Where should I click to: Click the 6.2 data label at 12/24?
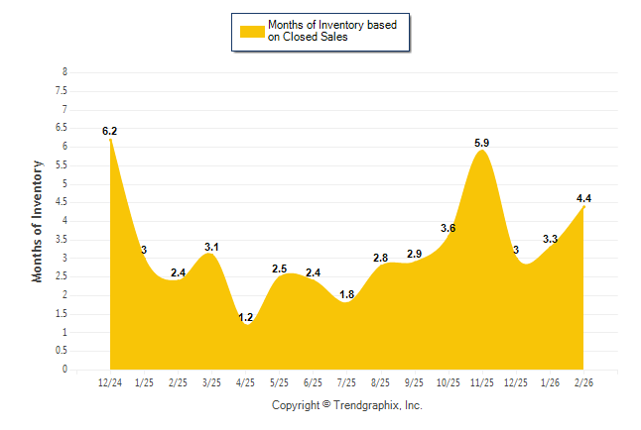pyautogui.click(x=109, y=131)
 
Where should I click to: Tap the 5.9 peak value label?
pyautogui.click(x=482, y=144)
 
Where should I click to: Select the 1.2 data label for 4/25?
pyautogui.click(x=246, y=317)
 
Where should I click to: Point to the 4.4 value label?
pyautogui.click(x=583, y=199)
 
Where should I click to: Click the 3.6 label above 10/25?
pyautogui.click(x=448, y=229)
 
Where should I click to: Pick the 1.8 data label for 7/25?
pyautogui.click(x=347, y=294)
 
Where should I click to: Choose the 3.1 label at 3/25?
pyautogui.click(x=211, y=247)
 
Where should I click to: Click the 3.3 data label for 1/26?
pyautogui.click(x=551, y=239)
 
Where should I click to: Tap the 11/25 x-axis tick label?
pyautogui.click(x=482, y=382)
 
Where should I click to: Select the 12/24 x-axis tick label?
pyautogui.click(x=110, y=382)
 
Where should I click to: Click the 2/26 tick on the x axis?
pyautogui.click(x=584, y=382)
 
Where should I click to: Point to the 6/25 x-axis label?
pyautogui.click(x=314, y=382)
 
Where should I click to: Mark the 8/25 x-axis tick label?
pyautogui.click(x=381, y=382)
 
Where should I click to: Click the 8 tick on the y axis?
pyautogui.click(x=64, y=72)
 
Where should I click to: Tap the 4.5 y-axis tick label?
pyautogui.click(x=62, y=202)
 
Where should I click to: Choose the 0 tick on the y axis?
pyautogui.click(x=64, y=370)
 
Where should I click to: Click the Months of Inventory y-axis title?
pyautogui.click(x=38, y=221)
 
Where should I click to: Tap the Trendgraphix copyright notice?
pyautogui.click(x=347, y=406)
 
